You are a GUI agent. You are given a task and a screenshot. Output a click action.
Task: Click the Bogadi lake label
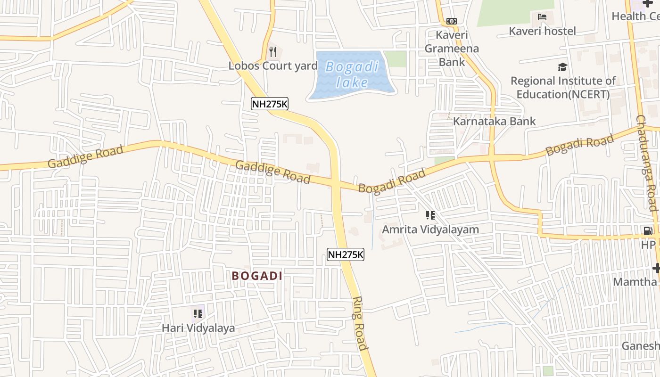tap(352, 74)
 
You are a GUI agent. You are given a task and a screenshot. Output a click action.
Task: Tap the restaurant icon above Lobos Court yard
tap(273, 51)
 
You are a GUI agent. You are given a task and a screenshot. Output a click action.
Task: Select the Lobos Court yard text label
tap(273, 66)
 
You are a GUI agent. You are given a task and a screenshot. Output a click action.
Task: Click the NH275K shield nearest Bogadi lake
tap(269, 104)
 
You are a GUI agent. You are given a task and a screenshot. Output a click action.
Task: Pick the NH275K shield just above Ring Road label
tap(346, 255)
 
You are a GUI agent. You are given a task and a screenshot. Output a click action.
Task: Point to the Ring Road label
tap(359, 323)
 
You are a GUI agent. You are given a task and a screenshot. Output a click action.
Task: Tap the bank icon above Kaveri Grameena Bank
tap(452, 21)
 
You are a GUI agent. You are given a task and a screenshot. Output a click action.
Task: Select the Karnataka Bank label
tap(494, 121)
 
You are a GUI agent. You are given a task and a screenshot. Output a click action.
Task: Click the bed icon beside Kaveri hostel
tap(542, 17)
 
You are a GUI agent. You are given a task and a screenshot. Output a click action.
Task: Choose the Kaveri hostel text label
tap(542, 31)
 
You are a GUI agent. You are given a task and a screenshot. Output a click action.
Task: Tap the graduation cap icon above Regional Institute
tap(562, 67)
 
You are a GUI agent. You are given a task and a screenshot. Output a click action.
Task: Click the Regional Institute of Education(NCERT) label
tap(563, 88)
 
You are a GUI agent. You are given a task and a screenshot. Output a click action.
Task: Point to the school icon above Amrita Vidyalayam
tap(430, 216)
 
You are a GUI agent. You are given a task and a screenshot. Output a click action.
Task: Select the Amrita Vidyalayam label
tap(430, 229)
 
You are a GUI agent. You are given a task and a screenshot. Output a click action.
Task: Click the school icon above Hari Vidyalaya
tap(198, 313)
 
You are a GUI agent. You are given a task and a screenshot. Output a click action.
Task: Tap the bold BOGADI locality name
tap(257, 276)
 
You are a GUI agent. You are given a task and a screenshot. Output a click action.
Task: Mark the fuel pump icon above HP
tap(648, 231)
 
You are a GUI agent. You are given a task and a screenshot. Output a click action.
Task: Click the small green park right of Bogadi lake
tap(395, 59)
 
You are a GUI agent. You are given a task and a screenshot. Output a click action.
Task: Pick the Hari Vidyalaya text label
tap(198, 328)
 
